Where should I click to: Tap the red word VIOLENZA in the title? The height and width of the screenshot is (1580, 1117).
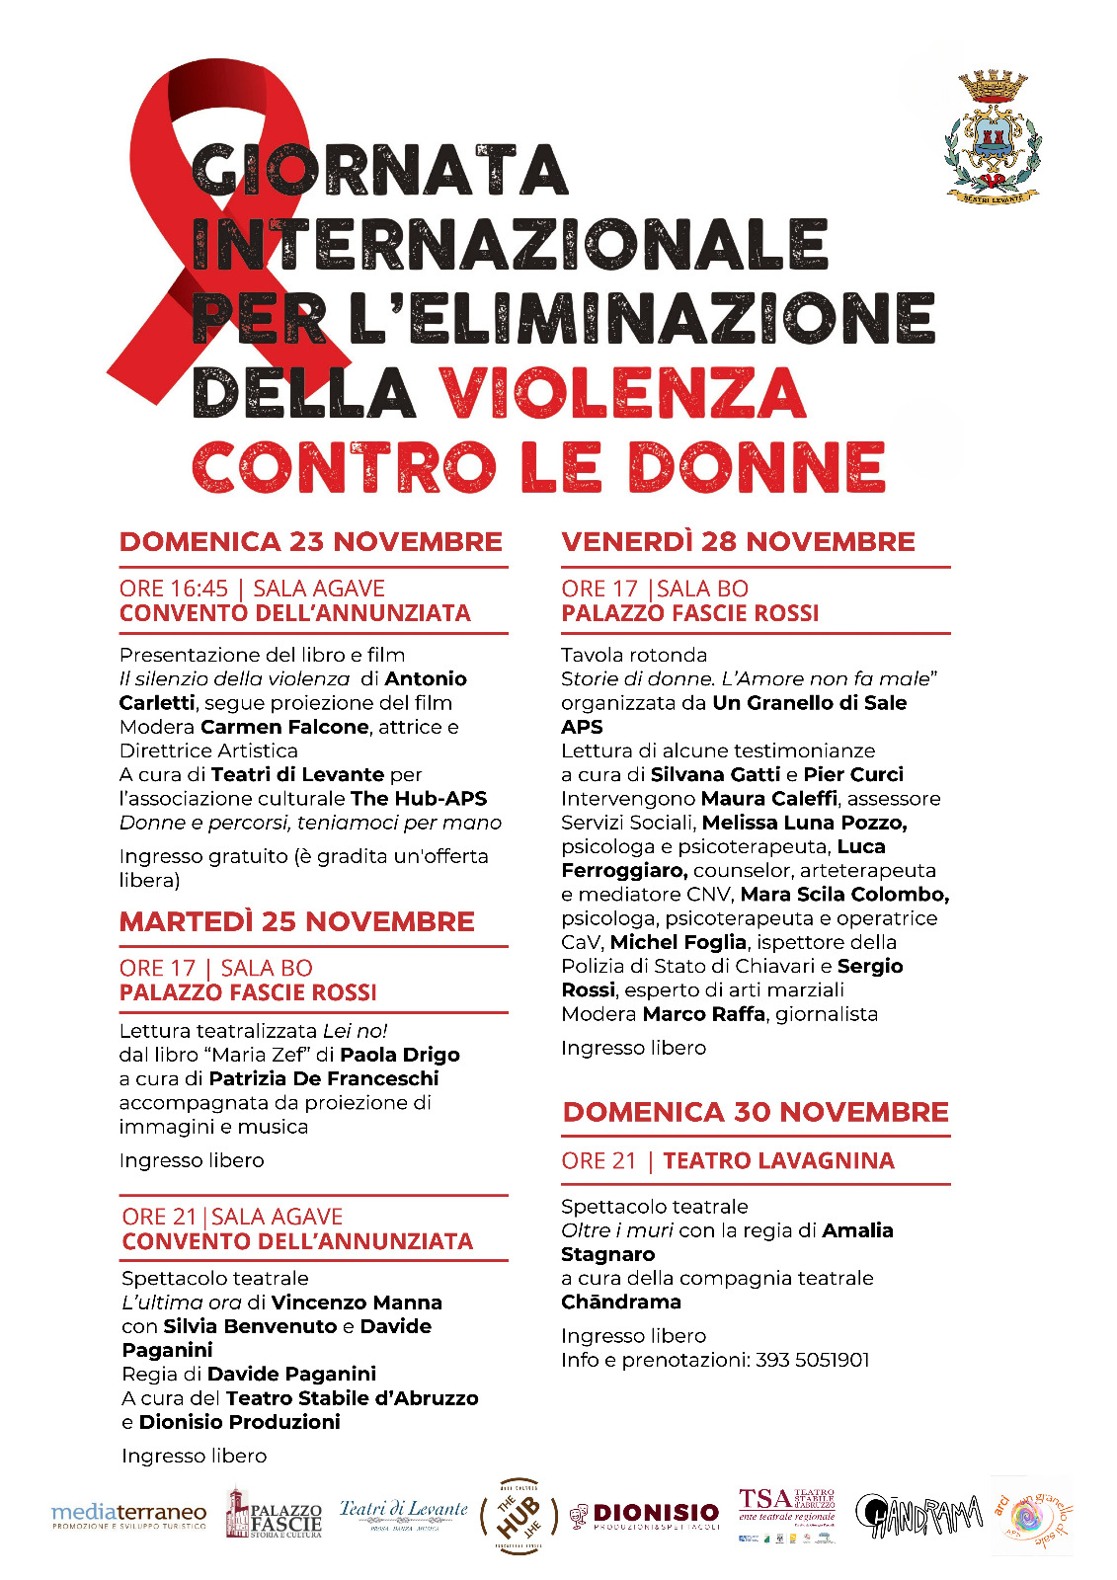point(622,393)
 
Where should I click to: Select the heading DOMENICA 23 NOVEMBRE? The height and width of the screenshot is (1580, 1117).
point(310,542)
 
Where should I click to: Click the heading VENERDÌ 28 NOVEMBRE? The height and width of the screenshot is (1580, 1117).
point(738,542)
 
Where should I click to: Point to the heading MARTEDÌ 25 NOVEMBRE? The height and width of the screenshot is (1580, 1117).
point(296,922)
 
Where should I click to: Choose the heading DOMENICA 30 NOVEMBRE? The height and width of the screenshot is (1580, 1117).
point(756,1113)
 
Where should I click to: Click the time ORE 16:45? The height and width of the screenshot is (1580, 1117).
point(173,589)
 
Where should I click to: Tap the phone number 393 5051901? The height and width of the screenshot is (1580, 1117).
point(812,1360)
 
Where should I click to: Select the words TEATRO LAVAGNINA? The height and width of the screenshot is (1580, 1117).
point(778,1161)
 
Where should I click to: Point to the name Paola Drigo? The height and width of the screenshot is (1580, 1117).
point(400,1055)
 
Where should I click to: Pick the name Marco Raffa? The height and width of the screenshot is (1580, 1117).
point(703,1014)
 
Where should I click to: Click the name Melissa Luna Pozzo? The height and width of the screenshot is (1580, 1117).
point(804,823)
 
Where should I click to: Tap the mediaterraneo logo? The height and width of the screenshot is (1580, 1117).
point(128,1515)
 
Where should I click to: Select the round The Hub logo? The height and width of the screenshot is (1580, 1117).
point(519,1515)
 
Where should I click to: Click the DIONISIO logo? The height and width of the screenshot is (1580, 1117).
point(645,1515)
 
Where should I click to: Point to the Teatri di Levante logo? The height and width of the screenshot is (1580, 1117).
point(403,1513)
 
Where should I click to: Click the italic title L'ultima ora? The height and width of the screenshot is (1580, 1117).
point(181,1303)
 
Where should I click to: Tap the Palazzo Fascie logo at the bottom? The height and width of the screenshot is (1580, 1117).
point(274,1515)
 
